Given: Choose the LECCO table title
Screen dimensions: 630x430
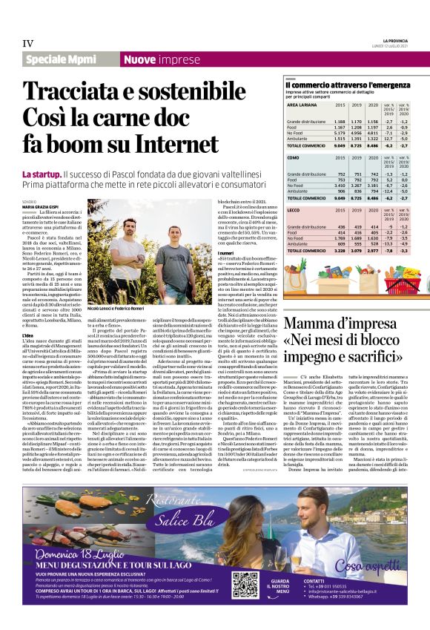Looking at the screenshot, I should point(295,211).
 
